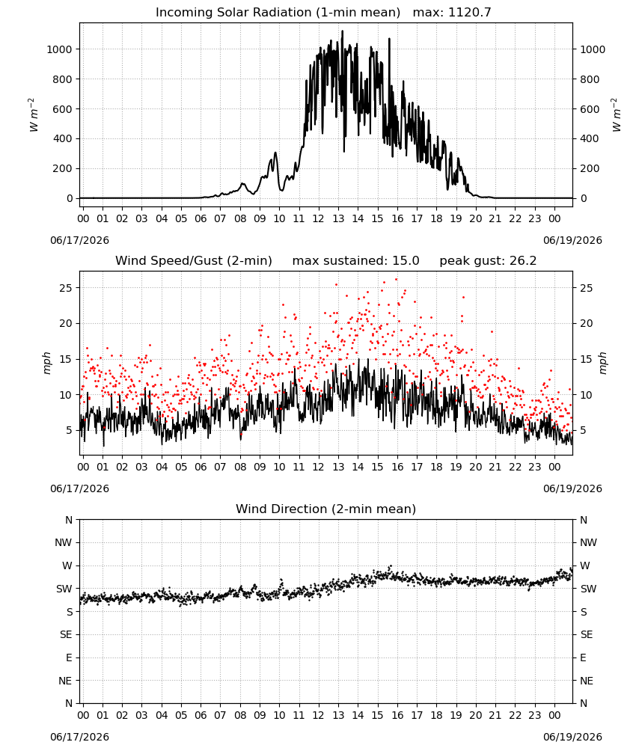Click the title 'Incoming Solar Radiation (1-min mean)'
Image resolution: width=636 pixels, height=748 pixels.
pos(278,13)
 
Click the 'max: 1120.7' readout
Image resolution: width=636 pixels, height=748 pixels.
pos(452,13)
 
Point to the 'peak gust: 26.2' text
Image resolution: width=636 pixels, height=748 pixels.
pos(488,261)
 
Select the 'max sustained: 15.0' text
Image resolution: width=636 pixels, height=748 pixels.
pos(356,261)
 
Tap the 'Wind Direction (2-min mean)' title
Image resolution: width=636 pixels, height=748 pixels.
pos(326,509)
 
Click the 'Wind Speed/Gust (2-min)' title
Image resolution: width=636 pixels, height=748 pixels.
pos(194,261)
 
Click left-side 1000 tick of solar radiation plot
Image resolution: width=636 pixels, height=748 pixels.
pos(60,49)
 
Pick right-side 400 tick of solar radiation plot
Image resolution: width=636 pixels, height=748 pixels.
pos(590,139)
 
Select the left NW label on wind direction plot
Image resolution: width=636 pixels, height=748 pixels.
pos(64,543)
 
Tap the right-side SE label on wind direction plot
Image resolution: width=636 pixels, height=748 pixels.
pos(587,635)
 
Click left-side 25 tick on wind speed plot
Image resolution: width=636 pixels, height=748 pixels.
pos(66,288)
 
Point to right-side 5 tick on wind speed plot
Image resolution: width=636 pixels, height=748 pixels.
pos(583,430)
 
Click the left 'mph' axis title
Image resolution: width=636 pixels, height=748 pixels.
pos(46,363)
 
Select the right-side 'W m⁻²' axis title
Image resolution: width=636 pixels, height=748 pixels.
pos(616,114)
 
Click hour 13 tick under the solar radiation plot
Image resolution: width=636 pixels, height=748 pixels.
pos(338,219)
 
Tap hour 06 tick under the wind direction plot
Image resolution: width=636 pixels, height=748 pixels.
pos(201,716)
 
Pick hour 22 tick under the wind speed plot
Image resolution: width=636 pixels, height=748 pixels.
pos(516,467)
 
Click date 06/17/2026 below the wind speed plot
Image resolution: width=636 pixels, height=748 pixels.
pos(79,489)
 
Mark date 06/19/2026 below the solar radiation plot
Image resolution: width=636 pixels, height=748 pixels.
pos(572,240)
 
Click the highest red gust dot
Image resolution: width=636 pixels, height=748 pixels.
pos(396,280)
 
